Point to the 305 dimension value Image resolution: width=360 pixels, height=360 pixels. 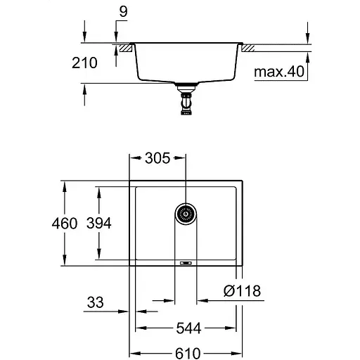[158, 159]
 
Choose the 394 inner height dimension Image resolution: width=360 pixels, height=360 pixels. [98, 224]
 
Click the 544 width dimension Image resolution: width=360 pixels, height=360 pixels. [186, 328]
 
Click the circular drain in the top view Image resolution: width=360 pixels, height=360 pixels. [186, 214]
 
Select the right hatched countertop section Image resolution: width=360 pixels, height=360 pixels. [249, 49]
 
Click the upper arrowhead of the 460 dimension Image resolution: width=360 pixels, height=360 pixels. [65, 185]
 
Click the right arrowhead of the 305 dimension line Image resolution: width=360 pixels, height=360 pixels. [184, 159]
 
